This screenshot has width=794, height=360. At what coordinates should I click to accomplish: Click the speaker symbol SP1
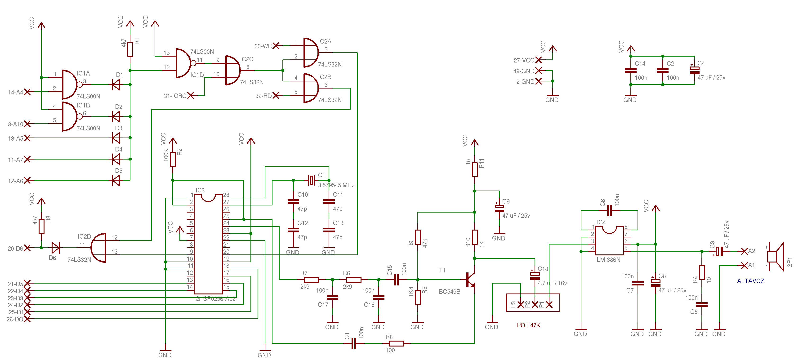(777, 257)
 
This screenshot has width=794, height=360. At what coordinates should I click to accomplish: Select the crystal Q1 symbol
(311, 180)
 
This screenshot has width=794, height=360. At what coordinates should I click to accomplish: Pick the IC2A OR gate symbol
(311, 53)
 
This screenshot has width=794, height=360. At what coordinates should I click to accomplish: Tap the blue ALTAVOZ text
(750, 281)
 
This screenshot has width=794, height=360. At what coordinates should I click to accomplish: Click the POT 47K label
(528, 325)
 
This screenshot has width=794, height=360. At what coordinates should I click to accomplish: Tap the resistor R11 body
(475, 169)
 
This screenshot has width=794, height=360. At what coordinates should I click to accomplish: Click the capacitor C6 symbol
(609, 210)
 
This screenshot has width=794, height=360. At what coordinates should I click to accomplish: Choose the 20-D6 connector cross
(27, 248)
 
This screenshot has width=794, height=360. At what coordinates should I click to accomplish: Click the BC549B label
(449, 292)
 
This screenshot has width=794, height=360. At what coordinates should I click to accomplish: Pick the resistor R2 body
(173, 159)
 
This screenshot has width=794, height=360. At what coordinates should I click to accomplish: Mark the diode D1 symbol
(116, 84)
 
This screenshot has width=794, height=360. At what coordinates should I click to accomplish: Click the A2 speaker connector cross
(744, 251)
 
